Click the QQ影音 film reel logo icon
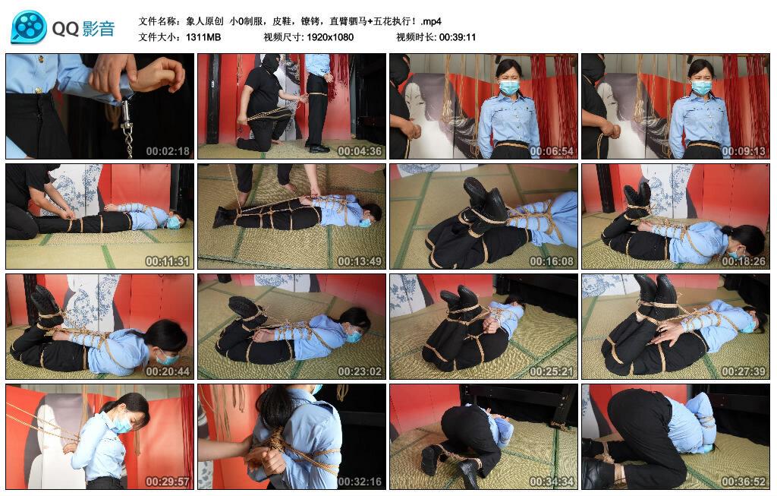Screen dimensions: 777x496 (x=29, y=27)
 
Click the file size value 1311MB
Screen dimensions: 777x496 (x=203, y=37)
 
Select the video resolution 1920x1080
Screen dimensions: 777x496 (x=330, y=37)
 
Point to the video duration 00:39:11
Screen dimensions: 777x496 (x=458, y=37)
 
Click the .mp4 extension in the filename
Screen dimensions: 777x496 (x=431, y=21)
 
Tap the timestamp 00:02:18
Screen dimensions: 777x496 (x=168, y=151)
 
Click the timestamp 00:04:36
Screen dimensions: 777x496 (x=359, y=151)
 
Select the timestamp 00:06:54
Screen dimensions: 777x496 (x=551, y=151)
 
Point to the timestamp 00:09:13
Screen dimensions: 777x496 (x=744, y=151)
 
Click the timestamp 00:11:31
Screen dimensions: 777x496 (x=168, y=261)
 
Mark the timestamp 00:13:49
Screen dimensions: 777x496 (x=359, y=261)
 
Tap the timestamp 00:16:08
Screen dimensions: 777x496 (x=551, y=261)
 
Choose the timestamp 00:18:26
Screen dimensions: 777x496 (x=744, y=261)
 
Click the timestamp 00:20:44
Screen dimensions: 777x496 (x=168, y=371)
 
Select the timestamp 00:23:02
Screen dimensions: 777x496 (x=359, y=371)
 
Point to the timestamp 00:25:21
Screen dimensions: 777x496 (x=551, y=371)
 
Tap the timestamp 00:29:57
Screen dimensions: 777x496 (x=168, y=482)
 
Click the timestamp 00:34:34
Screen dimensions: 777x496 (x=551, y=482)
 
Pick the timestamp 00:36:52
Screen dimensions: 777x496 (x=744, y=482)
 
